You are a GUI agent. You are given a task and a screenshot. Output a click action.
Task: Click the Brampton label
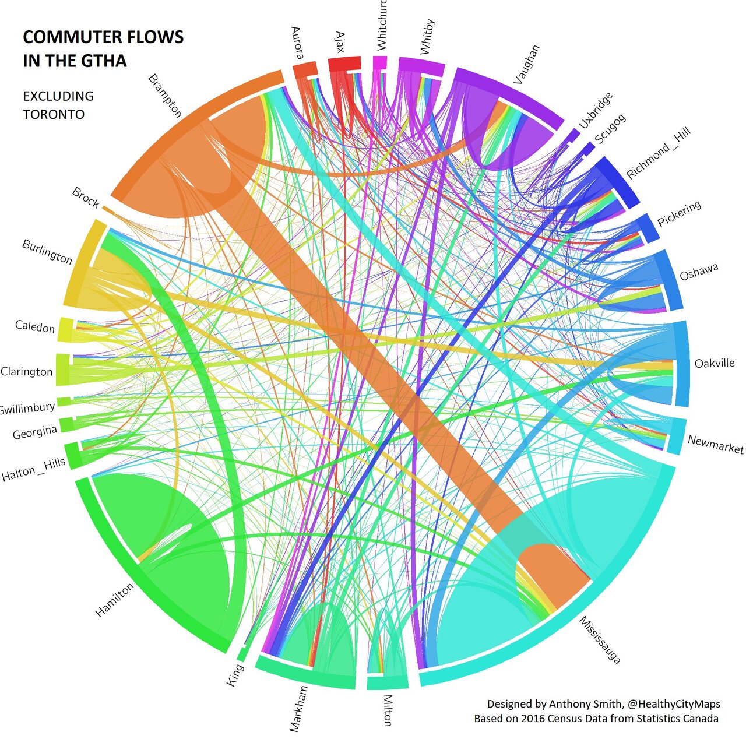pyautogui.click(x=166, y=96)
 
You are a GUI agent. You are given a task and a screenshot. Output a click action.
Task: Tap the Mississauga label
pyautogui.click(x=600, y=640)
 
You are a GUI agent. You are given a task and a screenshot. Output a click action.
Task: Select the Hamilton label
pyautogui.click(x=114, y=600)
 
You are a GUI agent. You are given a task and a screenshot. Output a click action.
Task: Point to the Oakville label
pyautogui.click(x=714, y=363)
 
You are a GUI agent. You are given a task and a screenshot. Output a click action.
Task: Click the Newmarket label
pyautogui.click(x=715, y=444)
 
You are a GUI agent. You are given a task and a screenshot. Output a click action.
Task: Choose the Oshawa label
pyautogui.click(x=699, y=272)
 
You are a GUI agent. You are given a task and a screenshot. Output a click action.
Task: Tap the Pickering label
pyautogui.click(x=679, y=214)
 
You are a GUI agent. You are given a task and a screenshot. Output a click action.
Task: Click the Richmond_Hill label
pyautogui.click(x=658, y=153)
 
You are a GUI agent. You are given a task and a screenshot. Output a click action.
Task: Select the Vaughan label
pyautogui.click(x=526, y=65)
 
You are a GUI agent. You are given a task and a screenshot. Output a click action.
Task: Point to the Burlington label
pyautogui.click(x=47, y=252)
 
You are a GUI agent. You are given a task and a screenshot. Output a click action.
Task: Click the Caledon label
pyautogui.click(x=35, y=326)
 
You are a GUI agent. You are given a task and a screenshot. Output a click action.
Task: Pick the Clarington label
pyautogui.click(x=27, y=371)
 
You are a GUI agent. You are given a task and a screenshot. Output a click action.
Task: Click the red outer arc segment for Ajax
pyautogui.click(x=344, y=64)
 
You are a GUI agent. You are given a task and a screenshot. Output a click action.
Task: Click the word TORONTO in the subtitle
pyautogui.click(x=54, y=114)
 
